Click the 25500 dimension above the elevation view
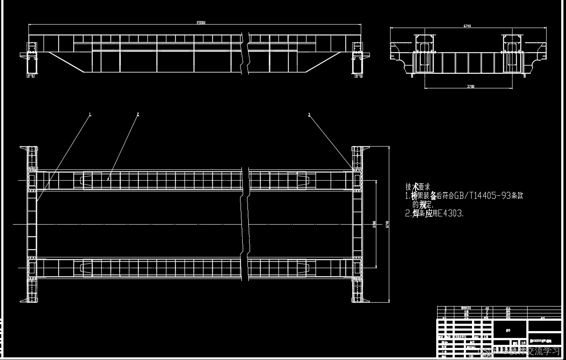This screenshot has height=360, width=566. (x=201, y=23)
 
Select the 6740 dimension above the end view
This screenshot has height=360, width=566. (x=467, y=26)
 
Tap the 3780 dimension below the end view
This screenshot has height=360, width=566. (x=471, y=86)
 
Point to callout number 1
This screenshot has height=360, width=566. (x=90, y=114)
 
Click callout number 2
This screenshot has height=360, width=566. (x=138, y=114)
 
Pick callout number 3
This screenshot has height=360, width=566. (x=309, y=114)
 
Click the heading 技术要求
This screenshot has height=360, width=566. (x=418, y=187)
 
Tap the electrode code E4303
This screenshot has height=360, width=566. (x=450, y=213)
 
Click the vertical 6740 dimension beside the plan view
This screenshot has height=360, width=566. (x=387, y=224)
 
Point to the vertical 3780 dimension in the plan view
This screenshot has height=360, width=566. (x=375, y=224)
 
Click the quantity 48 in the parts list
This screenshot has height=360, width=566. (x=487, y=308)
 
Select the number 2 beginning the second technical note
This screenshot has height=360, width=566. (x=407, y=213)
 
